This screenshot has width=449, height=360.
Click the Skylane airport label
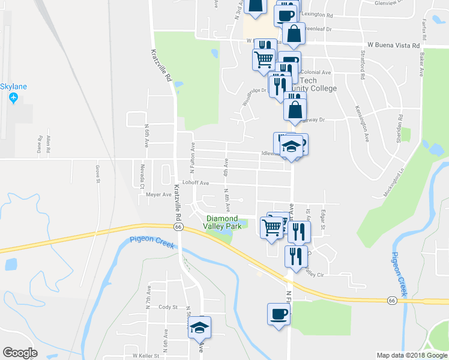13,87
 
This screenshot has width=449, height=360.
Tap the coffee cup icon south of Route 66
279,314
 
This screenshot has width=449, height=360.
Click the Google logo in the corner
20,353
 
